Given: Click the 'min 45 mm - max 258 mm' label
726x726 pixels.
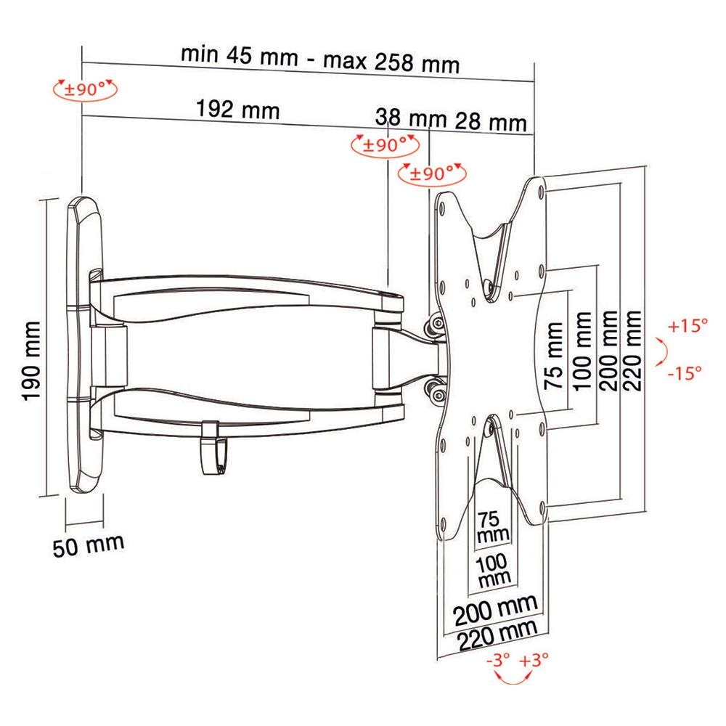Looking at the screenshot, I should coord(320,59).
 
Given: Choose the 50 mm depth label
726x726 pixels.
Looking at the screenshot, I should coord(88,544).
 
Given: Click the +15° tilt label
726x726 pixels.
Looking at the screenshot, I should coord(688,326).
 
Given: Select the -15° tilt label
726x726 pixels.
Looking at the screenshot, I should coord(685,374).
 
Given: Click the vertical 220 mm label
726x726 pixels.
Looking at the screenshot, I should coord(632,350).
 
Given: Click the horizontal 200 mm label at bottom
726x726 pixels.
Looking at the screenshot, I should coord(497,610).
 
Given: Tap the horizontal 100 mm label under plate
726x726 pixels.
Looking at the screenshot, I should coord(493,571).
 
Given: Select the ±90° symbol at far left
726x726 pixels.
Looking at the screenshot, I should coord(83,91).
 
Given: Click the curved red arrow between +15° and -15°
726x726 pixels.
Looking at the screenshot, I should coord(660,351).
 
